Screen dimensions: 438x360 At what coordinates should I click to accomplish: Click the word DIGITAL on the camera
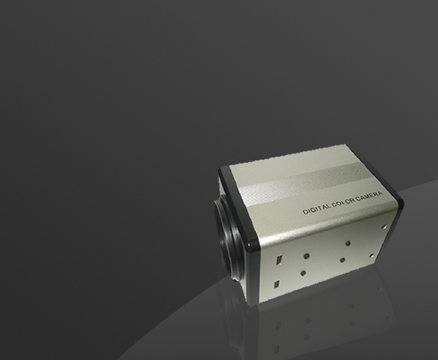317,208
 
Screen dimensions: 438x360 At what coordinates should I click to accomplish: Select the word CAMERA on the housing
369,196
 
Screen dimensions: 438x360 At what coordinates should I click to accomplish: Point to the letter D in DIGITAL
305,212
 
